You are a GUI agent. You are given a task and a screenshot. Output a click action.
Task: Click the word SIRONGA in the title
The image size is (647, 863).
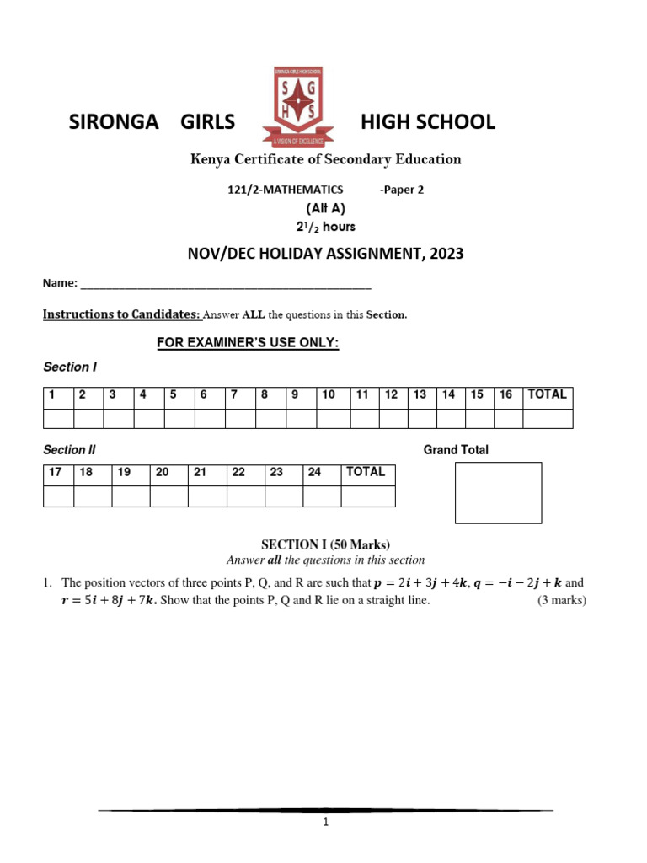tap(113, 122)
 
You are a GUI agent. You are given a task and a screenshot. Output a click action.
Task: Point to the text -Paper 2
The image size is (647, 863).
tap(402, 190)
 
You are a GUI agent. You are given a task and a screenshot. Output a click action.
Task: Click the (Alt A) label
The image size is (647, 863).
tap(324, 208)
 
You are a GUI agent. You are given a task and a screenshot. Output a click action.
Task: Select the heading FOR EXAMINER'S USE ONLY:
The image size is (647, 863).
tap(248, 343)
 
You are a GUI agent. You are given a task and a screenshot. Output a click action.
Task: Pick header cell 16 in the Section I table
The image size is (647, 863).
tap(505, 394)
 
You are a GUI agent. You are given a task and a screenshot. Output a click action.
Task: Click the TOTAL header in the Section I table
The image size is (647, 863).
tap(547, 394)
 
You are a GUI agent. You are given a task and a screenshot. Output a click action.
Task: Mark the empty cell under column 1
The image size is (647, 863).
tap(58, 418)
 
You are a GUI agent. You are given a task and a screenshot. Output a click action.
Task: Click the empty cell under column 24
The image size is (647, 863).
tap(321, 496)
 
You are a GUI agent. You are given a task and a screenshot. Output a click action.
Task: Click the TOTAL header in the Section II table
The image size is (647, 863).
tap(366, 473)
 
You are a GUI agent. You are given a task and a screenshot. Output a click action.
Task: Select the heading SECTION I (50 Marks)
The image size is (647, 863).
tap(326, 544)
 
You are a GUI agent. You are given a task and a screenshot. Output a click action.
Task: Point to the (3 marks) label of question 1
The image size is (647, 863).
tap(562, 601)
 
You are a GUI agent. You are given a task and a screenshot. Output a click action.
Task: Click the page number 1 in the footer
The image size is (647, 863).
tap(325, 824)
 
